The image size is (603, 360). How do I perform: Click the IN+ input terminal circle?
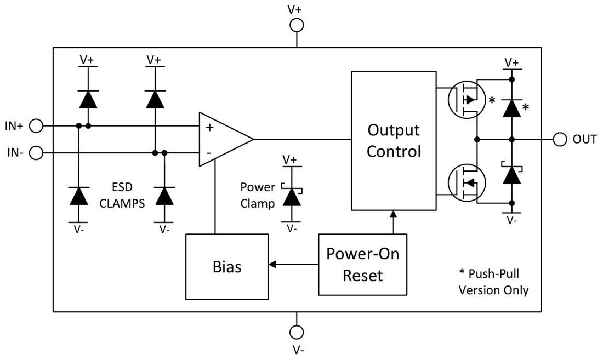(36, 126)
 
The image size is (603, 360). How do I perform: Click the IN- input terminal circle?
(36, 152)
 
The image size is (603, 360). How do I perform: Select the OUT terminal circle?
(560, 139)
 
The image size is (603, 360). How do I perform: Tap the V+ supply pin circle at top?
(297, 25)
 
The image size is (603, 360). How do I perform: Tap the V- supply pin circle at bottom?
(297, 333)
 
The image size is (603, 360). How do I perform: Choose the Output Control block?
(394, 140)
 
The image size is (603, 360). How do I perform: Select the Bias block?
(227, 267)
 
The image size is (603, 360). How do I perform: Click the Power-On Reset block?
(363, 264)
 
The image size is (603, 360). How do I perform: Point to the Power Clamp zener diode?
(292, 196)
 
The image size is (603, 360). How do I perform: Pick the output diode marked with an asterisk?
(511, 107)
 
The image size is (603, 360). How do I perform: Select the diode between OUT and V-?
(511, 174)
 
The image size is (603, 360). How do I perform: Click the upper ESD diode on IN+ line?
(88, 99)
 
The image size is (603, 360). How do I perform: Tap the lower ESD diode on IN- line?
(164, 196)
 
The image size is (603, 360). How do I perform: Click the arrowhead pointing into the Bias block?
(272, 265)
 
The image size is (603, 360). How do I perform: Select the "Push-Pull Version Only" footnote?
(493, 283)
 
